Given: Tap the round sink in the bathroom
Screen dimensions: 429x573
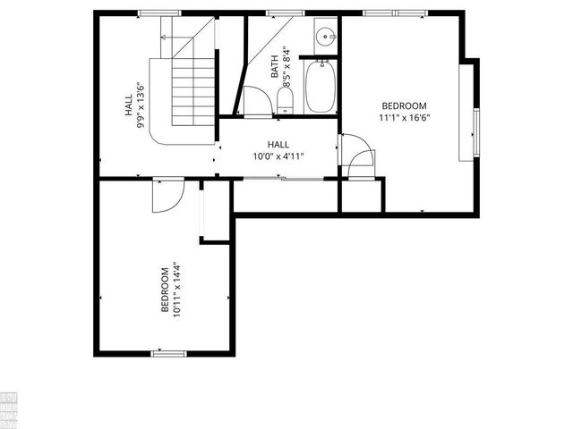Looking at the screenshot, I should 325,38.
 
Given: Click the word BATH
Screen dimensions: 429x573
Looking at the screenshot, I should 274,66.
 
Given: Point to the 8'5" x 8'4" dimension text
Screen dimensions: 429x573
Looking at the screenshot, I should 286,65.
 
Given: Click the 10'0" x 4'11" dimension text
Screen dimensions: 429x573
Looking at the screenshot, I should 278,156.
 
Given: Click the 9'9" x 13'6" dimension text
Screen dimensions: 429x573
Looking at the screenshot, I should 141,105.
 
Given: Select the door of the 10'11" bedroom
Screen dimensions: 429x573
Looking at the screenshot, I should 167,196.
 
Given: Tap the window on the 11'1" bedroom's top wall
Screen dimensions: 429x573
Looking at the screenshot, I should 393,12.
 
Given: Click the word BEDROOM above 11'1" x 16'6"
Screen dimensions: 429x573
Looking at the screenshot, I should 404,105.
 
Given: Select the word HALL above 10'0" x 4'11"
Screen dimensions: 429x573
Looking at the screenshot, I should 278,144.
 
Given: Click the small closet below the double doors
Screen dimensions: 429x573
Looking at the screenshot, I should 361,196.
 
